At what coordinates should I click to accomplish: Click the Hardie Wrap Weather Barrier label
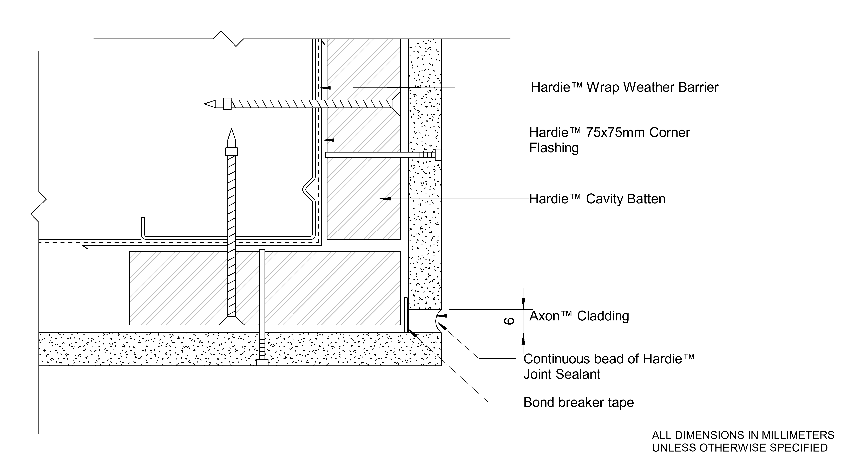click(624, 87)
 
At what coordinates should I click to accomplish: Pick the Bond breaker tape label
click(578, 402)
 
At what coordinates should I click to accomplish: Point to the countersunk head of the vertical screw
click(231, 321)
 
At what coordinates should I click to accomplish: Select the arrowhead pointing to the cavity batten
click(384, 199)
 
